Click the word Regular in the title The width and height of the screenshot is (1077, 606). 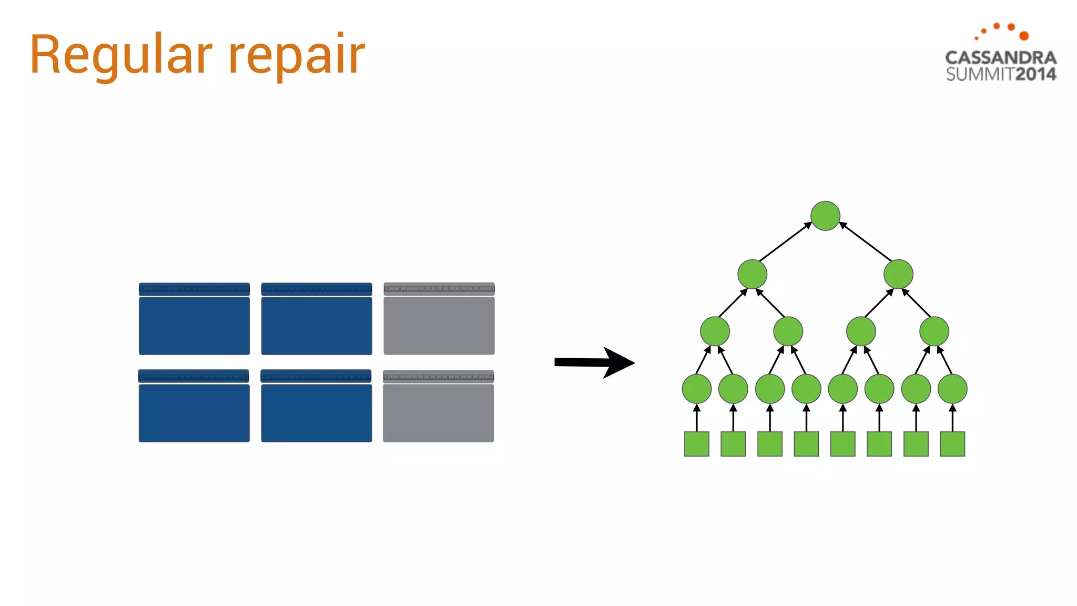point(121,55)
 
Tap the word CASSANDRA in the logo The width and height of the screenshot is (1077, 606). point(1000,57)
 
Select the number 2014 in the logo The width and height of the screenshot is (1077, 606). point(1035,74)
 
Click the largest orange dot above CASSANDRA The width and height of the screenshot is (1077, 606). point(1024,36)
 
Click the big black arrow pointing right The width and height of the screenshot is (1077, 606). point(594,362)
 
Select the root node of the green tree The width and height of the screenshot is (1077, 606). point(825,216)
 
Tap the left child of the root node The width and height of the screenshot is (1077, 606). point(752,274)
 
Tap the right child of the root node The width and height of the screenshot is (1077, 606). point(898,274)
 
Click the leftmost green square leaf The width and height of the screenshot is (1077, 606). point(696,443)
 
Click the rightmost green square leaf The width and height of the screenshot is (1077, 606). point(952,443)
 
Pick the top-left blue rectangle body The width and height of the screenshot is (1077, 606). point(194,326)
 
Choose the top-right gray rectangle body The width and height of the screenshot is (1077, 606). point(439,326)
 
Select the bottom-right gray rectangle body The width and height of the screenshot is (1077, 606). point(438,413)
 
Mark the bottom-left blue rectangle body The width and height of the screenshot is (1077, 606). point(194,413)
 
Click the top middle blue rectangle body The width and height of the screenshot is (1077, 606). point(317,326)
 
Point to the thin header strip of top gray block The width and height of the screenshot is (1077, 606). point(439,288)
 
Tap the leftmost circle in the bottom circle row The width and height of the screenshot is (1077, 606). point(696,389)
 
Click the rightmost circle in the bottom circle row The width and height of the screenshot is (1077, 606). point(952,389)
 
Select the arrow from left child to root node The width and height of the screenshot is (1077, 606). point(785,242)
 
